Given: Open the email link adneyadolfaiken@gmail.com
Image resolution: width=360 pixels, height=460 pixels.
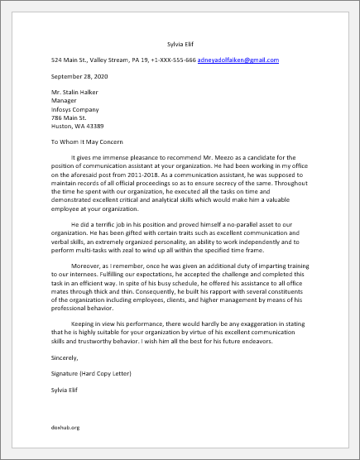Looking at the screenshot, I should [x=238, y=60].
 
